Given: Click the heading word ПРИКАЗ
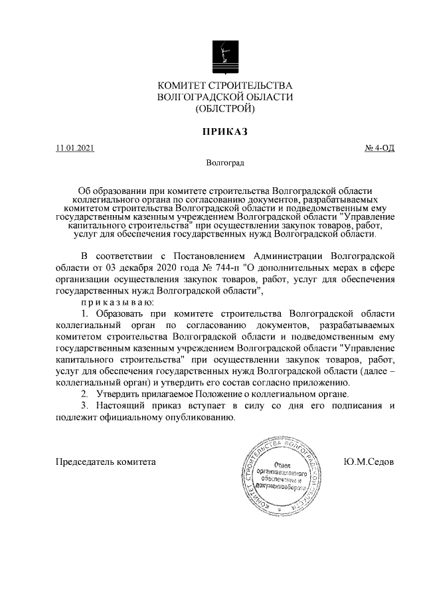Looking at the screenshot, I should click(224, 132).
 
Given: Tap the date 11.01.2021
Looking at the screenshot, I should click(75, 147).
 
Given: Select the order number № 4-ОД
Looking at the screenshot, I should click(380, 147).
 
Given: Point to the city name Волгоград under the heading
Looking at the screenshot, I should click(225, 162).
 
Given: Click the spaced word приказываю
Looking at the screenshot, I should click(117, 303).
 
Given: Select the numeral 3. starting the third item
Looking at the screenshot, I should click(84, 406).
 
